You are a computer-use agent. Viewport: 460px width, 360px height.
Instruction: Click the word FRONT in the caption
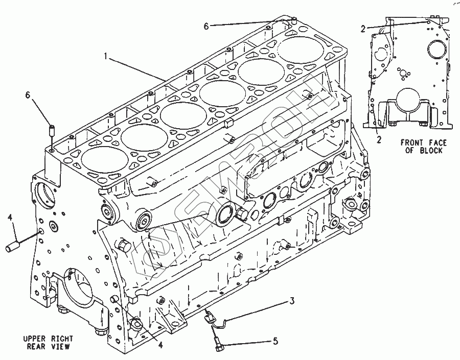[411, 142]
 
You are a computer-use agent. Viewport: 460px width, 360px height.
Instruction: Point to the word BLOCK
[431, 151]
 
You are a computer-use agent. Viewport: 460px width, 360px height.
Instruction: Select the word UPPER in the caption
[35, 339]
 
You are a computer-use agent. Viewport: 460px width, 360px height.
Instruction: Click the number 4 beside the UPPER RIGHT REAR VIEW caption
[160, 346]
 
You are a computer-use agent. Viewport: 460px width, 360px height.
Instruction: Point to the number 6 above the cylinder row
[206, 26]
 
